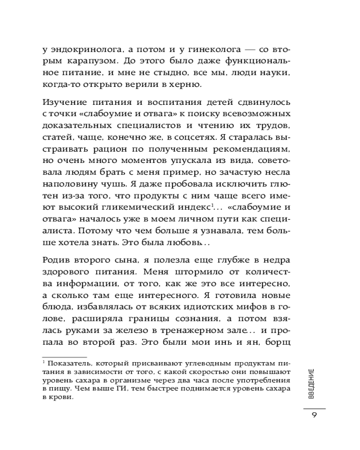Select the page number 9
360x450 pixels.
click(x=314, y=415)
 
